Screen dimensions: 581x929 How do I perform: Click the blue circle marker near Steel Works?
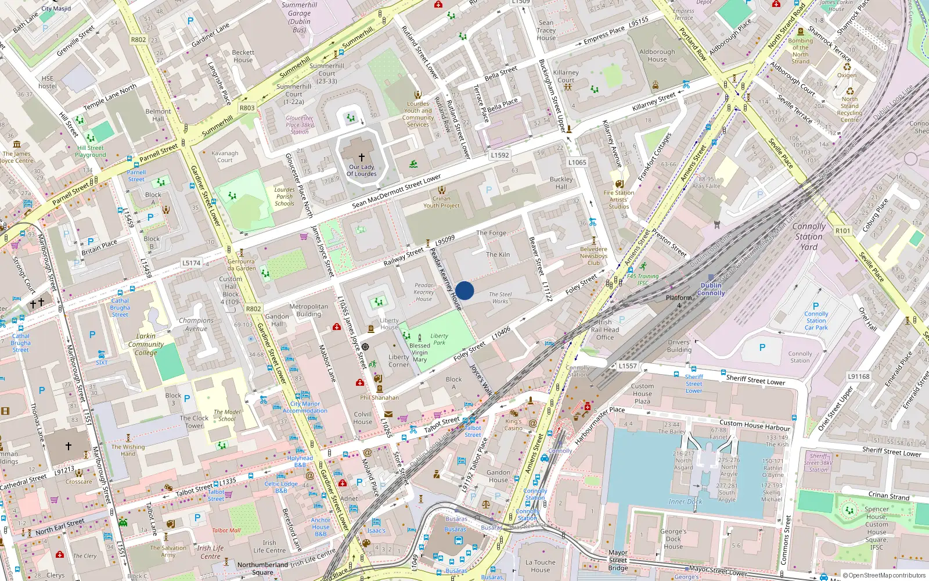click(464, 290)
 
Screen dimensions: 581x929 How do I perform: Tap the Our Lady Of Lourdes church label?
click(362, 170)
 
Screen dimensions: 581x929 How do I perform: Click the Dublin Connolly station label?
click(711, 289)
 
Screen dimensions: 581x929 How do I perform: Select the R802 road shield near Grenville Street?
click(138, 40)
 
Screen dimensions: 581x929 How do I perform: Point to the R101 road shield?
click(842, 231)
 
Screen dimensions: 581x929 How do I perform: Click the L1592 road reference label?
click(499, 155)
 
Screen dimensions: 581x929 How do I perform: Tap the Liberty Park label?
click(439, 339)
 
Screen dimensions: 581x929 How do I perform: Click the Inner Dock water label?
click(685, 501)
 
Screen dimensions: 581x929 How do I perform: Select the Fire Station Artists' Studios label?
click(619, 199)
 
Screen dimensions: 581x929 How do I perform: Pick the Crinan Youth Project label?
click(441, 202)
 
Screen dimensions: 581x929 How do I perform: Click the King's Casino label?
click(513, 425)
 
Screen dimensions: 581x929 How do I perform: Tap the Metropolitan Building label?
click(308, 310)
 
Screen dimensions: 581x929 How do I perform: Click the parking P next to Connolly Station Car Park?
click(816, 306)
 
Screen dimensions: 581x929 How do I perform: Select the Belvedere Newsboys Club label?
click(593, 256)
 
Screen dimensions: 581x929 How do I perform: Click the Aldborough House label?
click(657, 55)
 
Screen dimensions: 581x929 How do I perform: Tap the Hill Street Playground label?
click(91, 151)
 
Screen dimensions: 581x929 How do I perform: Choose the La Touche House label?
click(540, 566)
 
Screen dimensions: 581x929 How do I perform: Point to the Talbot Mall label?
click(226, 530)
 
